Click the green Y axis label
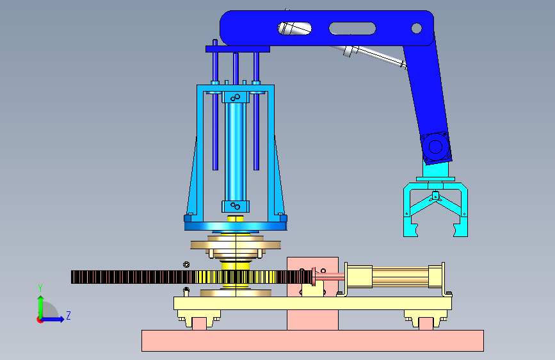(40, 288)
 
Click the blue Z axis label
(68, 315)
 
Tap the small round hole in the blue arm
(416, 28)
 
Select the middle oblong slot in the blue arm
(352, 28)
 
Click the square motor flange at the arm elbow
(436, 147)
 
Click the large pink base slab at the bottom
(312, 341)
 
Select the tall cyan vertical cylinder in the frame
(236, 152)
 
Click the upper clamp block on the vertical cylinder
(236, 97)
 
